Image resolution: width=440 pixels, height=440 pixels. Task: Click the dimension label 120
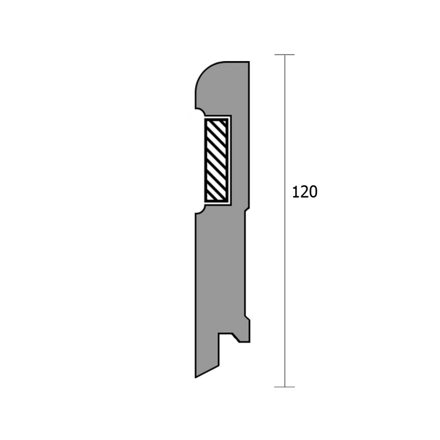[305, 192]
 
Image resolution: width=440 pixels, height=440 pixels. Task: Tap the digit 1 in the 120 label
[296, 192]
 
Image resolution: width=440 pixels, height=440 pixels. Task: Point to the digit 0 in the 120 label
[313, 192]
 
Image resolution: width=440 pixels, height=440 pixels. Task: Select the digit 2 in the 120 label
[304, 192]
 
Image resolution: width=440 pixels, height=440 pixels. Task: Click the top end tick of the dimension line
[285, 55]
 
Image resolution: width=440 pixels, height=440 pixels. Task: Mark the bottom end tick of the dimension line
[285, 387]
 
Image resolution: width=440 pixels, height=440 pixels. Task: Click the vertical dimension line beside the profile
[285, 220]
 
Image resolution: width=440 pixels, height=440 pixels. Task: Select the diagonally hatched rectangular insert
[216, 160]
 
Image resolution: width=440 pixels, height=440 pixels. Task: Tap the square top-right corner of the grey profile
[249, 62]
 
